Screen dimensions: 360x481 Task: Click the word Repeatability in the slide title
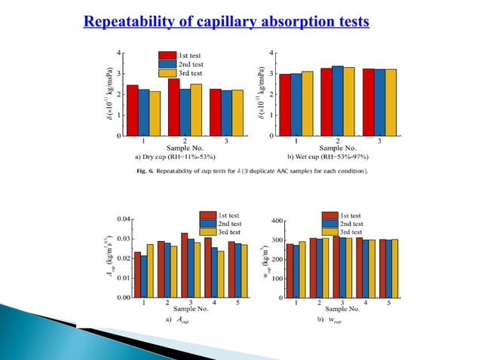point(122,20)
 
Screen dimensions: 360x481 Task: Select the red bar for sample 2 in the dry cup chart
point(173,108)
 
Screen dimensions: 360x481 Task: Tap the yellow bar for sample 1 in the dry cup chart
point(155,114)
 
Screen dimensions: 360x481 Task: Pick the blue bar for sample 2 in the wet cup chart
point(337,102)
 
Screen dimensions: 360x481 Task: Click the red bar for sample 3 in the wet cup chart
point(369,103)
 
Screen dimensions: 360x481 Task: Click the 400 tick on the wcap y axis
point(276,221)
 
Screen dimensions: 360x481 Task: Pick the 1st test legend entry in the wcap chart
point(355,215)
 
